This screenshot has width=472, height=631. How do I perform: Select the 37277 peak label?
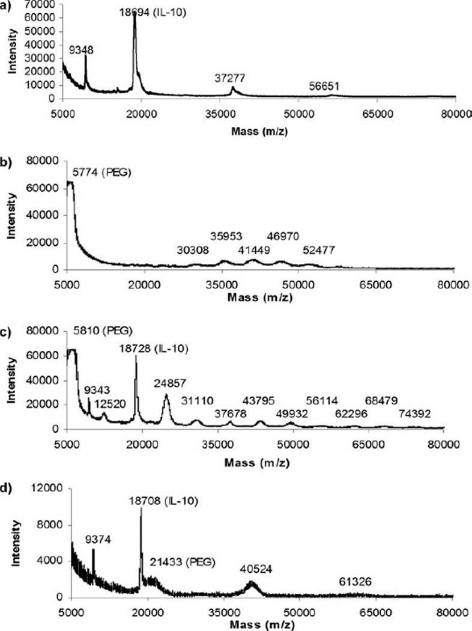point(231,78)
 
